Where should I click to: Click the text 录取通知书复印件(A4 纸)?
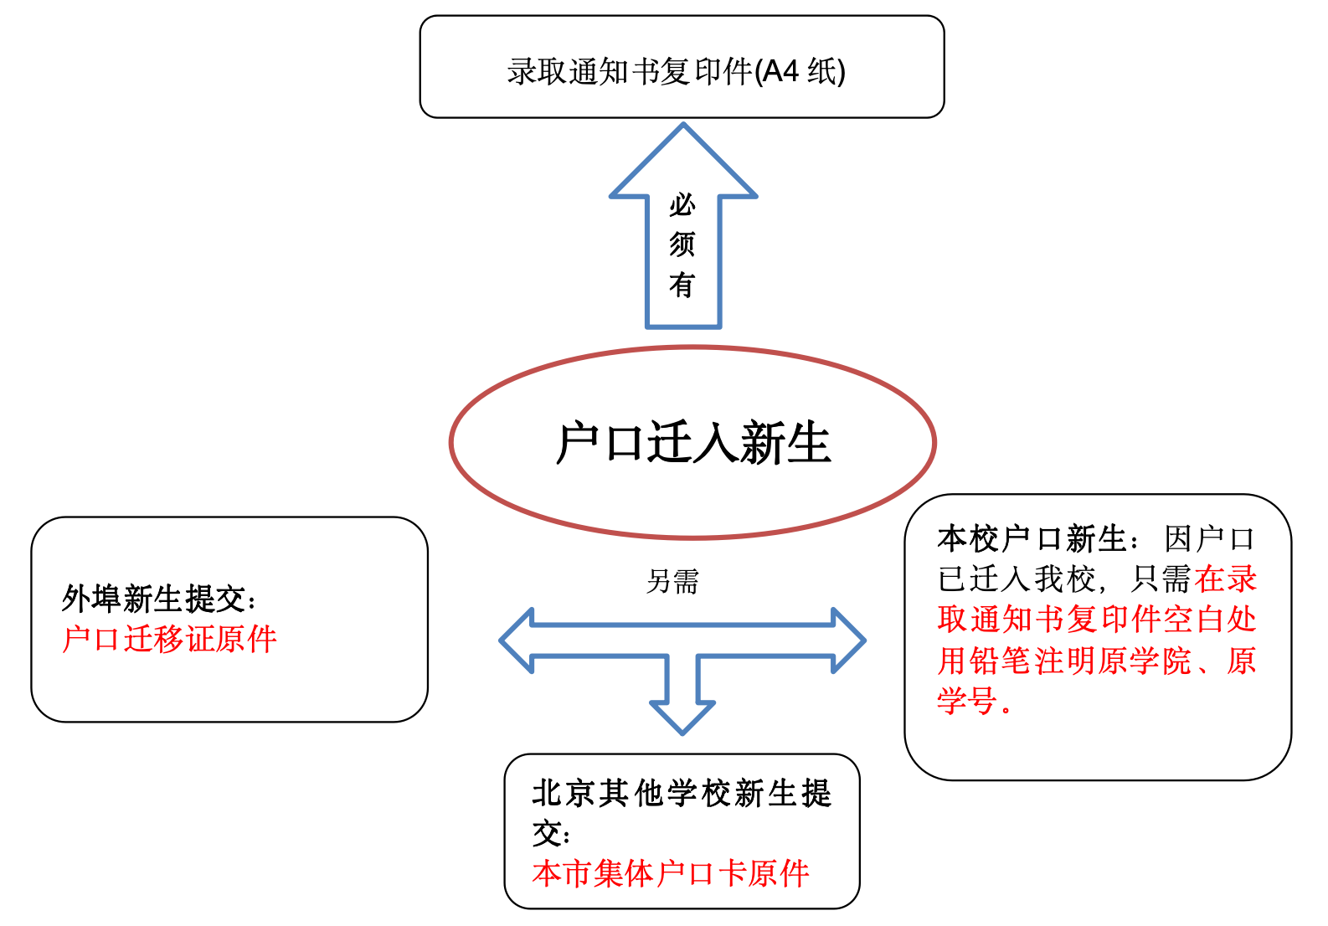click(x=676, y=72)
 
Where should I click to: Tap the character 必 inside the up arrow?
click(x=682, y=204)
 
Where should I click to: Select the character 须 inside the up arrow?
click(x=682, y=244)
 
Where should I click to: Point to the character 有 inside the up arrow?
click(x=682, y=285)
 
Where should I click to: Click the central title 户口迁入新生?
click(x=692, y=443)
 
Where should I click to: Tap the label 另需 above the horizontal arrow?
click(x=672, y=581)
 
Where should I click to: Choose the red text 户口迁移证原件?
click(x=169, y=640)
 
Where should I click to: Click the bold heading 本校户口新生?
click(x=1032, y=539)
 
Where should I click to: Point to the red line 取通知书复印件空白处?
click(x=1097, y=620)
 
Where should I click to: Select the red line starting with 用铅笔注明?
click(x=1097, y=661)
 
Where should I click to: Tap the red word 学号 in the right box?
click(x=967, y=701)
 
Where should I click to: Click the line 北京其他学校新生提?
click(x=682, y=793)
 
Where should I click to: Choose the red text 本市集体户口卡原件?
click(x=671, y=873)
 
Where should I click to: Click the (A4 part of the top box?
click(x=777, y=72)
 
